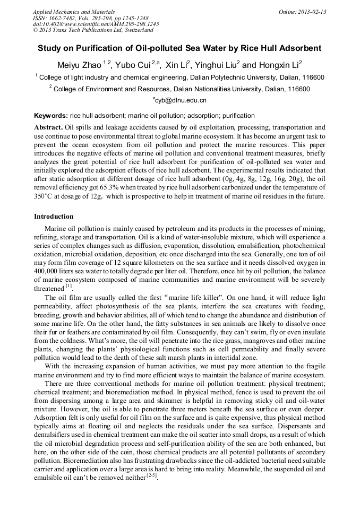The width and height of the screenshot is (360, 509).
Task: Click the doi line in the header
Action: pyautogui.click(x=96, y=24)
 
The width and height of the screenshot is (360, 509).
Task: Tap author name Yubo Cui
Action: pyautogui.click(x=133, y=65)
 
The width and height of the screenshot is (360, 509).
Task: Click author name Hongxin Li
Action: pyautogui.click(x=279, y=65)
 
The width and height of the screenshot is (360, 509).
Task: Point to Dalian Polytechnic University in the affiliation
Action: pyautogui.click(x=233, y=77)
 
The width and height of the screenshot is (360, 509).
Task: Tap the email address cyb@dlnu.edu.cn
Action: pyautogui.click(x=180, y=100)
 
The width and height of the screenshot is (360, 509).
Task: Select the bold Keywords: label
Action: pyautogui.click(x=51, y=116)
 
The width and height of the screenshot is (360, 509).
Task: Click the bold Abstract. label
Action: pyautogui.click(x=48, y=128)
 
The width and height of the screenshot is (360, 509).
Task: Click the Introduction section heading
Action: pyautogui.click(x=54, y=217)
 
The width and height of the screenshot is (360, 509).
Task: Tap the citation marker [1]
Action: pyautogui.click(x=69, y=287)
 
